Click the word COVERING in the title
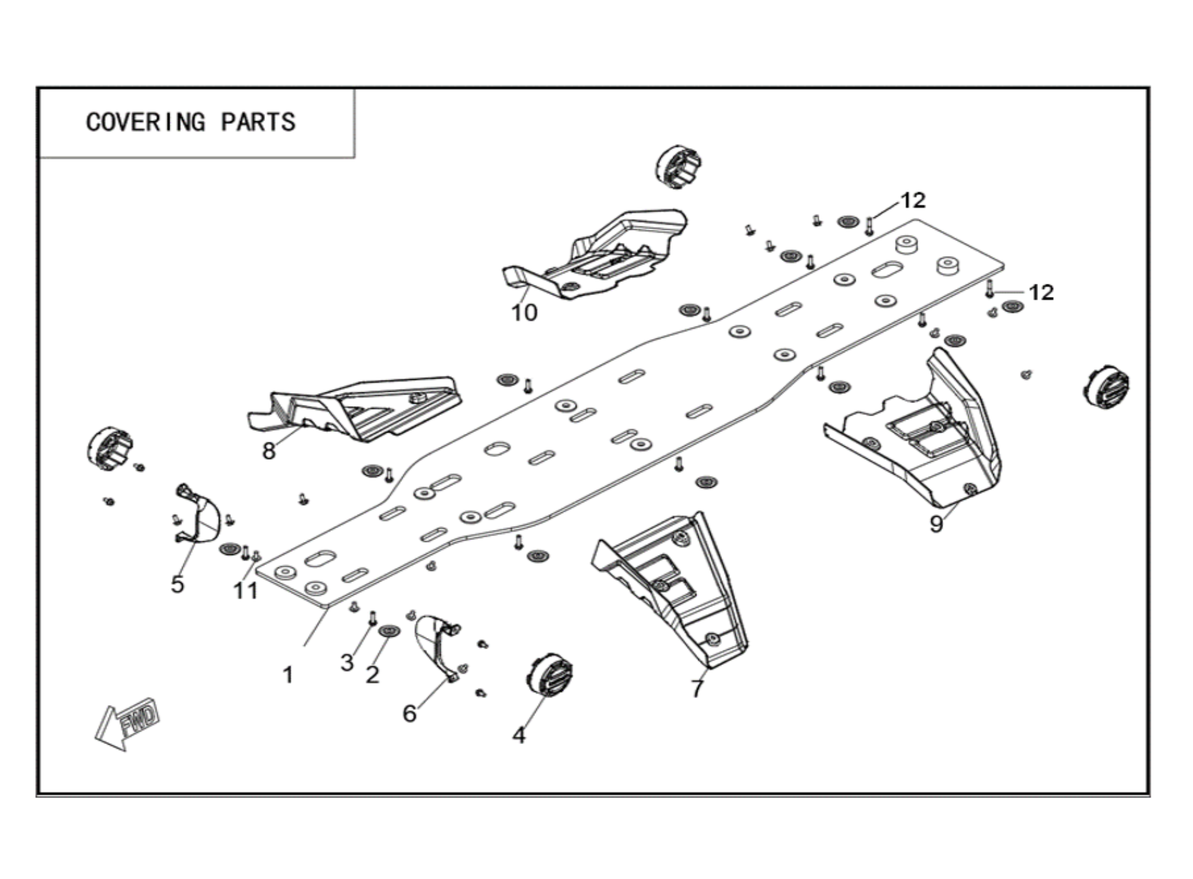coord(146,122)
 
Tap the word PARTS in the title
coord(258,122)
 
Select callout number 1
coord(288,676)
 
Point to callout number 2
coord(372,676)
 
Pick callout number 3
coord(347,662)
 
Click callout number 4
coord(519,735)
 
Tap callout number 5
coord(178,585)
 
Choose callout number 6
coord(409,714)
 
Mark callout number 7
coord(698,689)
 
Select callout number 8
coord(269,451)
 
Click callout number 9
coord(936,524)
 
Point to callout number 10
coord(524,313)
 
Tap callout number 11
coord(246,591)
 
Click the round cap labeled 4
coord(549,674)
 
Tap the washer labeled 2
coord(391,630)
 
